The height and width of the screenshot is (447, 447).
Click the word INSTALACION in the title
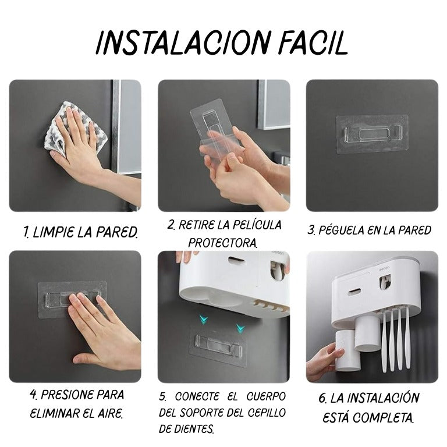point(182,43)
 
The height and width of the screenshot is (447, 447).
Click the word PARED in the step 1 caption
point(117,232)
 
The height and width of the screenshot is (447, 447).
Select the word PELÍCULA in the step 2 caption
point(257,225)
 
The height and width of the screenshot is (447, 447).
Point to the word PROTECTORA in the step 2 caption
point(223,243)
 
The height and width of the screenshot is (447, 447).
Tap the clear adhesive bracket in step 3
point(372,134)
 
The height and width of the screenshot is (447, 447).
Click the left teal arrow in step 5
point(204,320)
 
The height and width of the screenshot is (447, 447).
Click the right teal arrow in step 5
point(240,328)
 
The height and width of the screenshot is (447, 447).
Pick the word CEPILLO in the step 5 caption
point(267,413)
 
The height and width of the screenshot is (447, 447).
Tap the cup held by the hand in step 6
point(345,350)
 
